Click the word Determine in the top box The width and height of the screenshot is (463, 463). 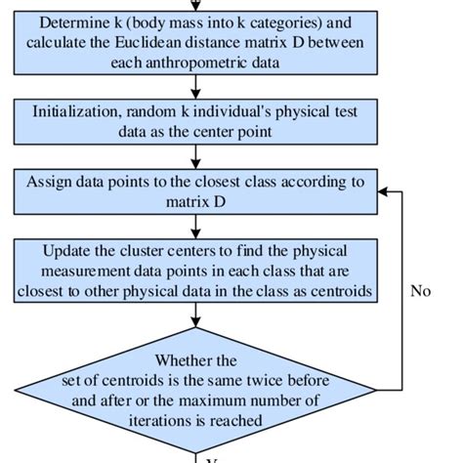click(70, 21)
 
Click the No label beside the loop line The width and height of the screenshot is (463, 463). click(420, 290)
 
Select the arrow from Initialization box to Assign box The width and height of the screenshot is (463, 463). click(196, 156)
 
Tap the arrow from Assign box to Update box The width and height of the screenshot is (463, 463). click(196, 227)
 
